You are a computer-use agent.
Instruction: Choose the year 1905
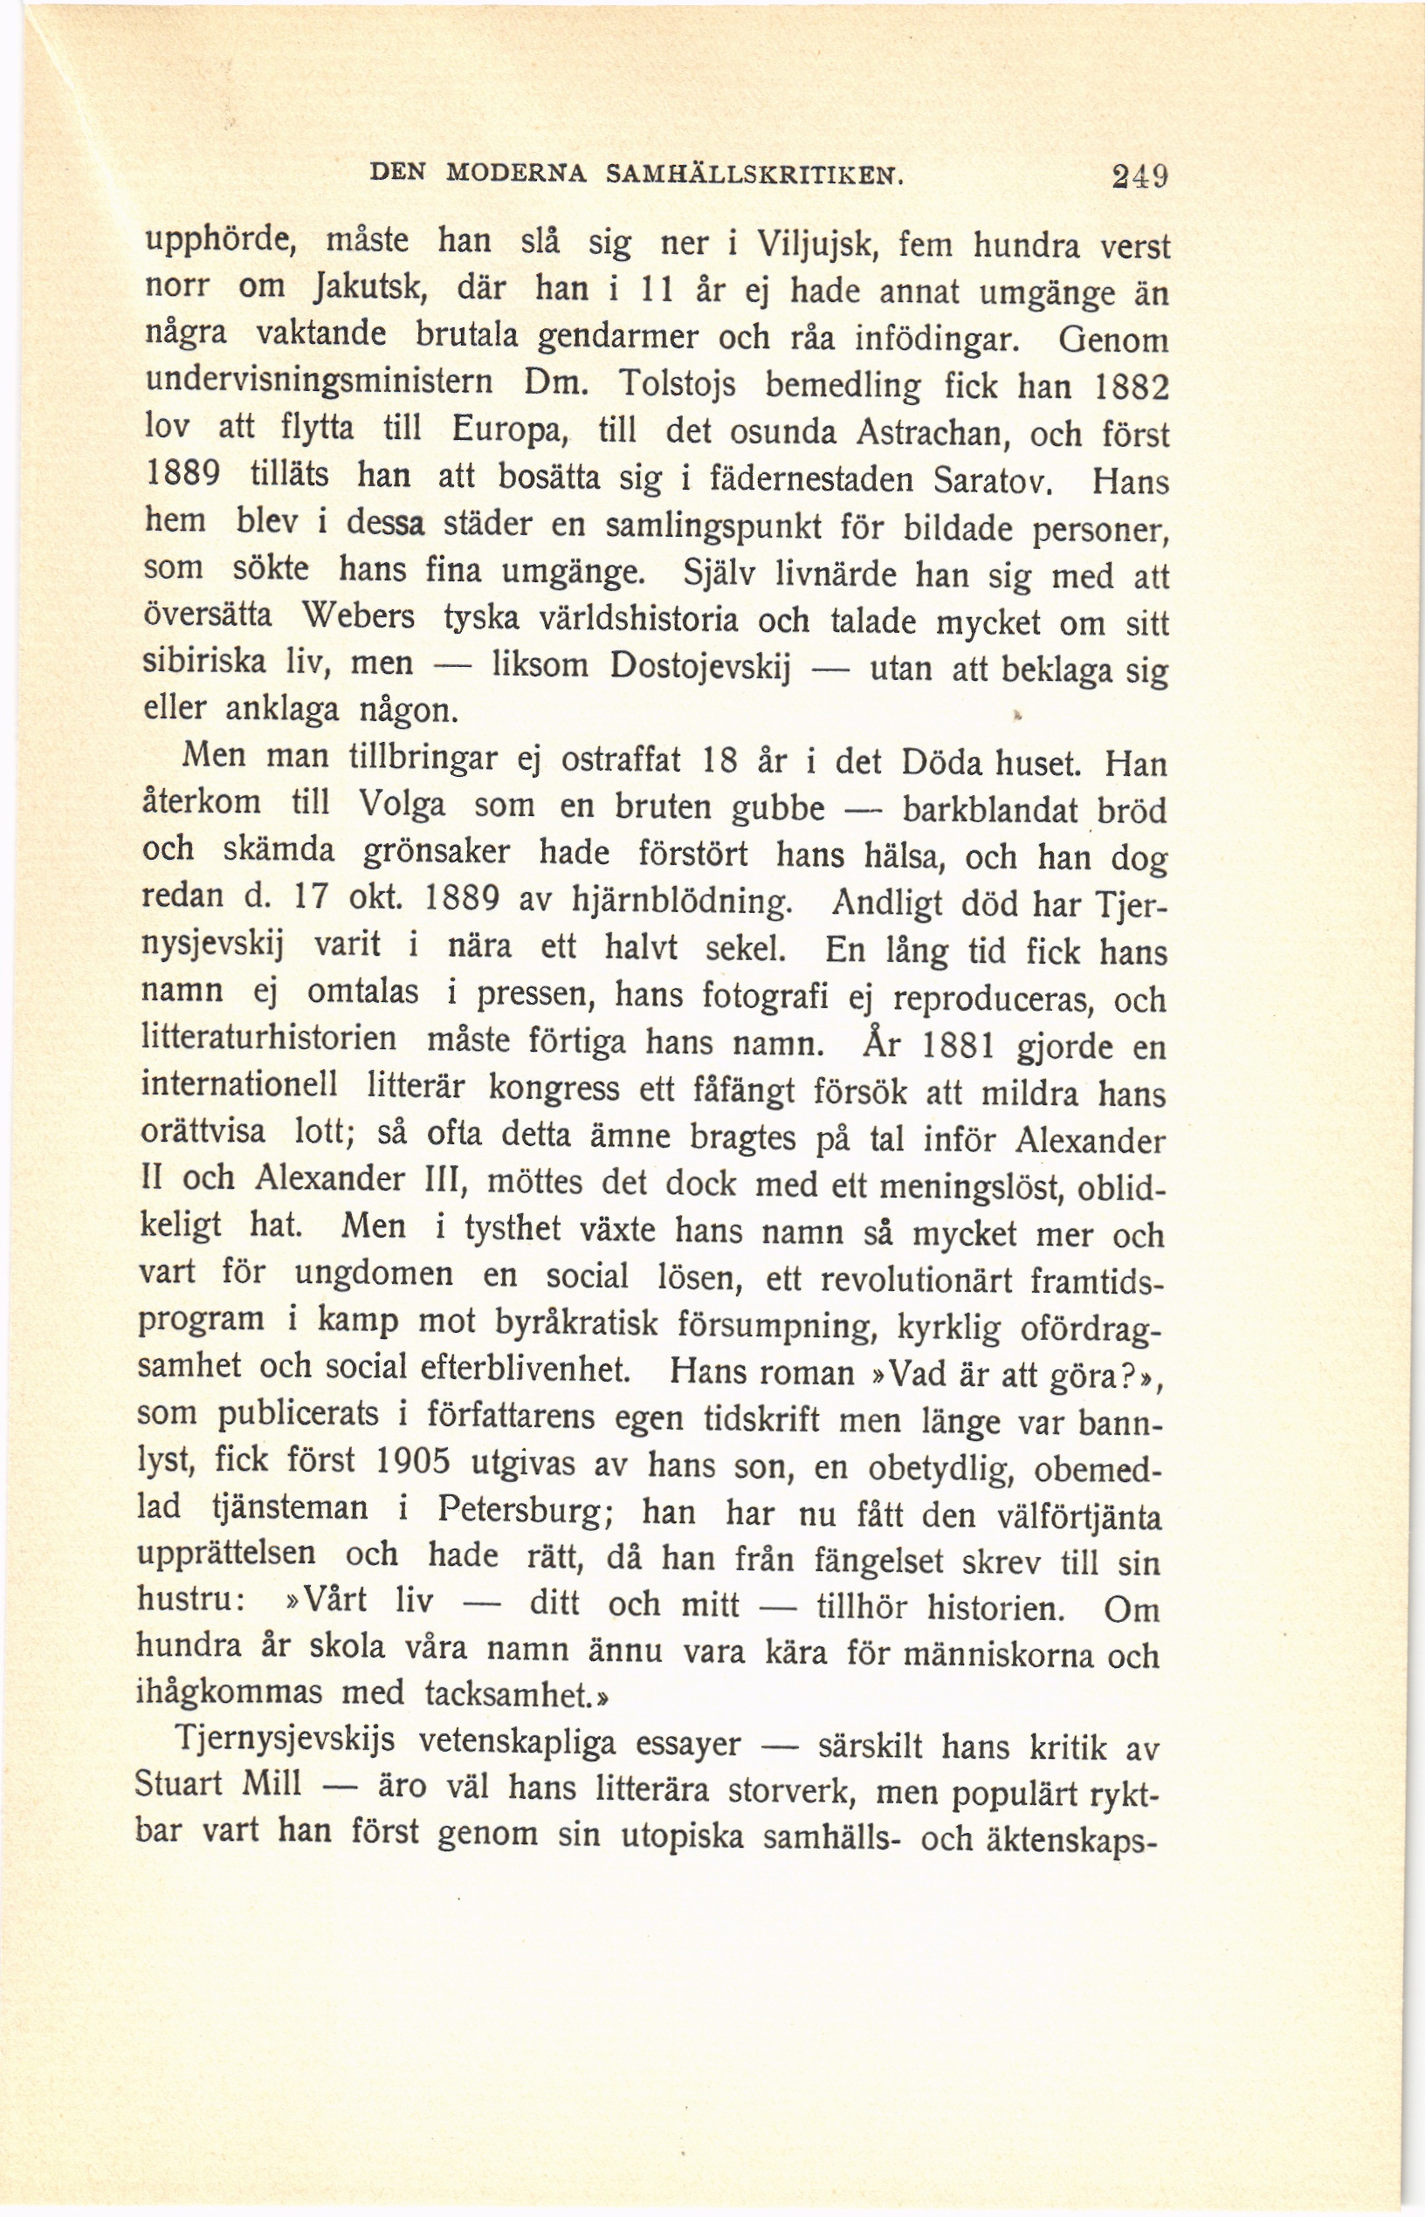click(x=414, y=1461)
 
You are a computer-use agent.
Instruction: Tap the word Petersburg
click(x=522, y=1510)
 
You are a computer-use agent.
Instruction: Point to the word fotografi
click(x=775, y=997)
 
